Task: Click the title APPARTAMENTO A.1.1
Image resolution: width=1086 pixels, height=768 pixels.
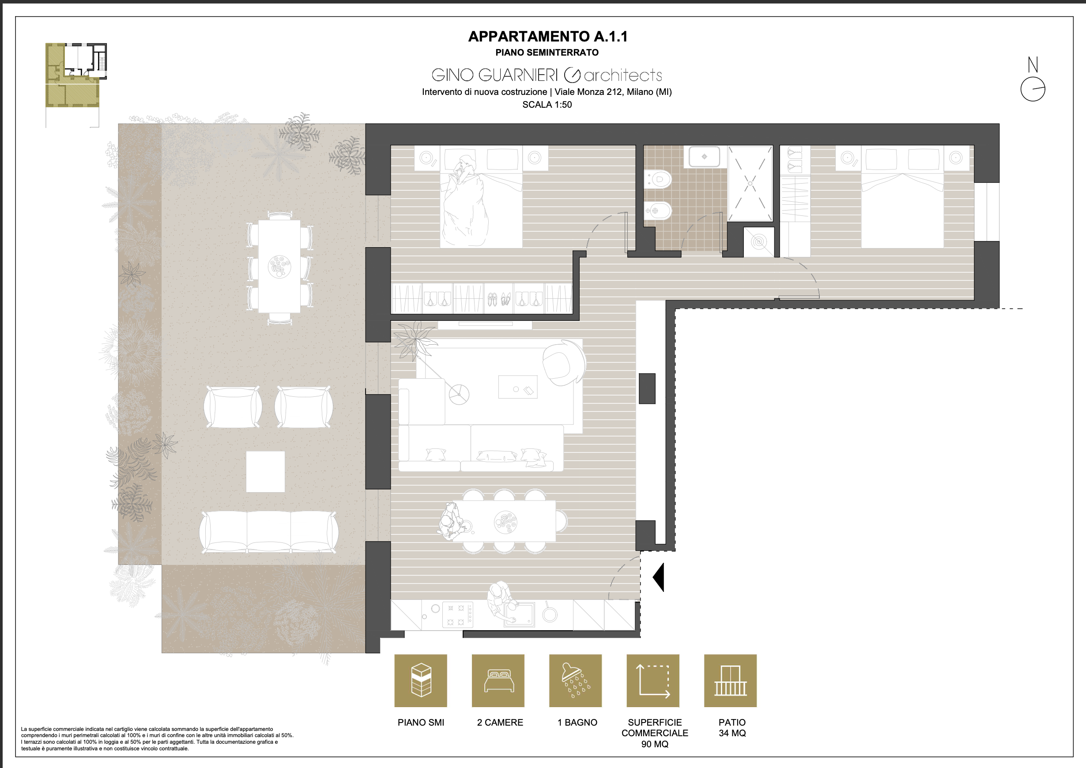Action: coord(548,36)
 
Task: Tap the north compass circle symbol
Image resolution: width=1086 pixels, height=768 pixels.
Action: coord(1033,89)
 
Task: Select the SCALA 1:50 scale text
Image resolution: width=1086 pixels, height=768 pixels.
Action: coord(547,105)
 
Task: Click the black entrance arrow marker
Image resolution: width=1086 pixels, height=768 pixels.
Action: coord(658,577)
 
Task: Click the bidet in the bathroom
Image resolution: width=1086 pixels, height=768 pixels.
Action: coord(658,211)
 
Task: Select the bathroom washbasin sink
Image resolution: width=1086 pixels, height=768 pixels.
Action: coord(704,157)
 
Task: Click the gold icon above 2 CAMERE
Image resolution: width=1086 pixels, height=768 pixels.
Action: coord(498,681)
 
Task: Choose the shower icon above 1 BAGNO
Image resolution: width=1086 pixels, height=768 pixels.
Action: coord(575,681)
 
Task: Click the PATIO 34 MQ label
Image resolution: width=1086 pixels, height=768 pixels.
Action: coord(732,728)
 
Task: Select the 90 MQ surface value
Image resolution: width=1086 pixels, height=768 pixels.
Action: coord(655,744)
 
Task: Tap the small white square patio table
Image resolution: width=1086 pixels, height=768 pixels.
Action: coord(265,471)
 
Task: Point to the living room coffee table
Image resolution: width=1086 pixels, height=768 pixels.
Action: coord(518,387)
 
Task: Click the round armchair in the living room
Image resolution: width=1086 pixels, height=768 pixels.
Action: coord(564,362)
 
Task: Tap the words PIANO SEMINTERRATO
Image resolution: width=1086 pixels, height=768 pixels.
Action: coord(547,53)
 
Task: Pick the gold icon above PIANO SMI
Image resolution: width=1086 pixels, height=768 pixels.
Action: coord(420,681)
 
